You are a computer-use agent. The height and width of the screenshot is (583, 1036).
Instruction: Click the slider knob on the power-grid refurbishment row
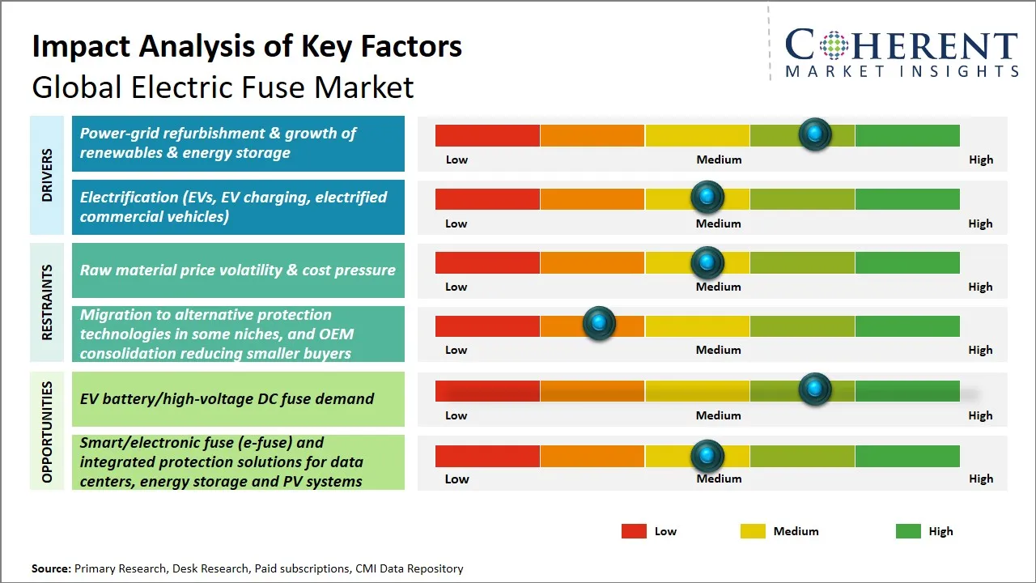[x=814, y=134]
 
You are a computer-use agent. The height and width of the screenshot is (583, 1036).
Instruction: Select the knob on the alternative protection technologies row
[x=599, y=323]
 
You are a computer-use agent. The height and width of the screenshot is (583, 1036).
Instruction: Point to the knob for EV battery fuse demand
[x=814, y=389]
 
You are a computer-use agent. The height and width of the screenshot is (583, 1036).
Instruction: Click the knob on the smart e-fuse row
[x=707, y=456]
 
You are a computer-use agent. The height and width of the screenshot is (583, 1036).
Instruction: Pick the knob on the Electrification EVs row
[x=707, y=197]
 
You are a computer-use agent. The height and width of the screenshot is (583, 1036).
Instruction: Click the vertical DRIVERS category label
[x=47, y=175]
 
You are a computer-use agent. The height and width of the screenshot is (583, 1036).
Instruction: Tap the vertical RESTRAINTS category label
[x=47, y=302]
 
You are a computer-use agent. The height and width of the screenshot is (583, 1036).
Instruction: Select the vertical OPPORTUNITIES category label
[x=47, y=432]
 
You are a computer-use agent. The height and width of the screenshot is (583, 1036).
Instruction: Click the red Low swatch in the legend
[x=634, y=531]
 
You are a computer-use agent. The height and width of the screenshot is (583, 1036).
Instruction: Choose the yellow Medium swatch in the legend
[x=753, y=531]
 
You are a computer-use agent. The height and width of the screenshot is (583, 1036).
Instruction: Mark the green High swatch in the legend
[x=908, y=531]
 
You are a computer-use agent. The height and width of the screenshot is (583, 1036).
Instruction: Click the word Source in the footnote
[x=51, y=568]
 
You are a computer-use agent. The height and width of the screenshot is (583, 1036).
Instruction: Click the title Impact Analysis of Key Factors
[x=247, y=46]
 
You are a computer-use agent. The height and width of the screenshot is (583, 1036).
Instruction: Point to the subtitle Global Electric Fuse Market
[x=223, y=87]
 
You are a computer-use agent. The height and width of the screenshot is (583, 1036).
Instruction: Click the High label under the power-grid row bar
[x=980, y=160]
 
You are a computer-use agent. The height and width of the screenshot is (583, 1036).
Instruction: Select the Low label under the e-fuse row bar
[x=456, y=479]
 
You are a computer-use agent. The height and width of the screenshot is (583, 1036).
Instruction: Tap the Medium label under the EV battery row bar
[x=718, y=415]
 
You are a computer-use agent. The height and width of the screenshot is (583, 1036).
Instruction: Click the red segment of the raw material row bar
[x=487, y=262]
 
